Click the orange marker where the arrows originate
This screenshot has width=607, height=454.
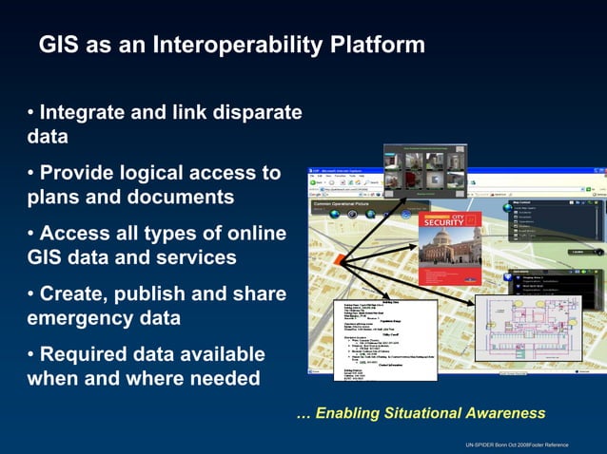(x=343, y=257)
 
